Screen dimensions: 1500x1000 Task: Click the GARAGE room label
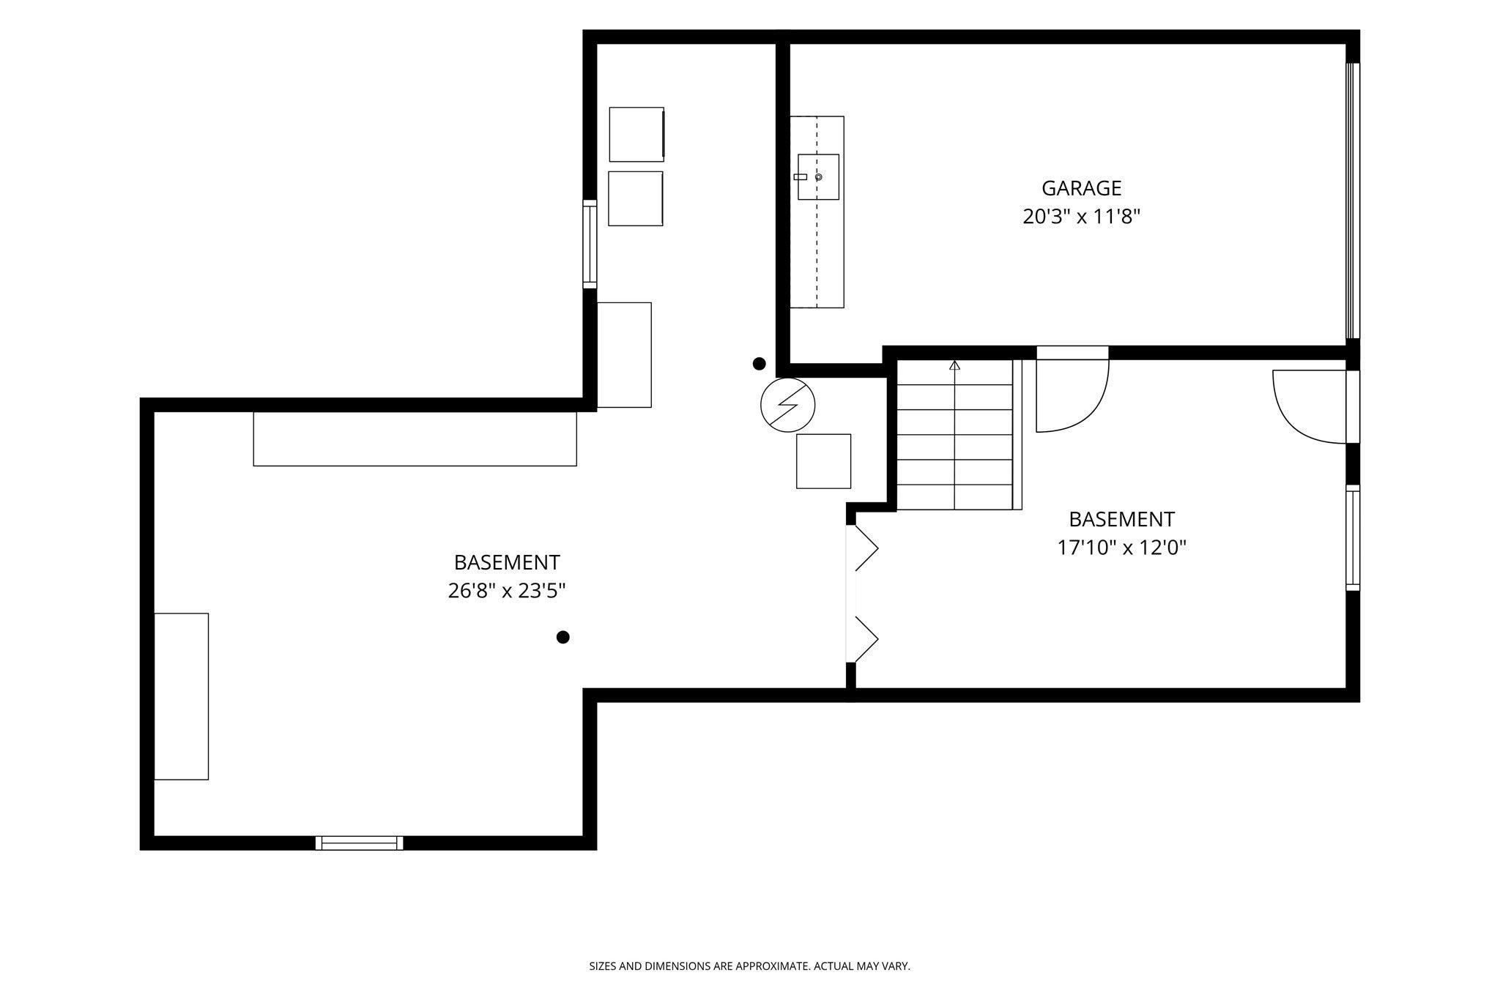coord(1081,188)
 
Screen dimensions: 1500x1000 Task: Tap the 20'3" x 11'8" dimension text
coord(1082,217)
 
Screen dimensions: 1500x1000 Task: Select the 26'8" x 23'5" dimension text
coord(507,591)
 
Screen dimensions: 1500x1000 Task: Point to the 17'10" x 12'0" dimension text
coord(1121,548)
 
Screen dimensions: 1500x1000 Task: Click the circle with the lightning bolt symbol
coord(788,405)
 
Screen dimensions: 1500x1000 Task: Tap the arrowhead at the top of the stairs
coord(954,365)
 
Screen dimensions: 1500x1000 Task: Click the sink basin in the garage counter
coord(818,177)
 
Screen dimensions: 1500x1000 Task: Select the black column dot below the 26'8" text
coord(562,637)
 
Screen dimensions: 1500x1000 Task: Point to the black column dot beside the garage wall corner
coord(760,363)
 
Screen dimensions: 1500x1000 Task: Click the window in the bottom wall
coord(359,843)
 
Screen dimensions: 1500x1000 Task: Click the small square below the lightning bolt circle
coord(823,461)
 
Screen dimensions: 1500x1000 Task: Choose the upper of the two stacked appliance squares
coord(636,134)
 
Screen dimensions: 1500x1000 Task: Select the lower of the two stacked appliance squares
coord(636,198)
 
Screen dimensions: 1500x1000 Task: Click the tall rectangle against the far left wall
coord(181,696)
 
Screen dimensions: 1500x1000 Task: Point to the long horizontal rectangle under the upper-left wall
coord(415,439)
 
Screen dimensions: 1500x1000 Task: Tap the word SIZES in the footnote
coord(603,966)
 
